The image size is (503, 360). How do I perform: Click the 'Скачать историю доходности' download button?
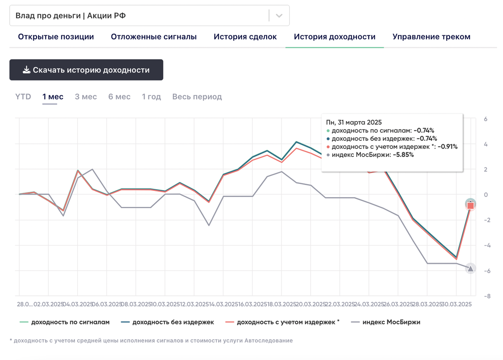(86, 70)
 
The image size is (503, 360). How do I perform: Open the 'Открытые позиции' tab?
(56, 37)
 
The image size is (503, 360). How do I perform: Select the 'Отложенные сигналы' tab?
(153, 37)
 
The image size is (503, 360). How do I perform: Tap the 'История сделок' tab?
(245, 37)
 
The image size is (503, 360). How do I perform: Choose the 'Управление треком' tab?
(431, 37)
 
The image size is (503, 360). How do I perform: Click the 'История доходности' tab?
(334, 37)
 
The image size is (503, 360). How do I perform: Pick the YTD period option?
(23, 97)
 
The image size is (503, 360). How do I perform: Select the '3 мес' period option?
(86, 97)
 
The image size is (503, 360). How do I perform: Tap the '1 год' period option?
(151, 97)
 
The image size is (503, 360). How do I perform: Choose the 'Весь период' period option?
(197, 97)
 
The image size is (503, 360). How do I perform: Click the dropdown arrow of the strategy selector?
(279, 16)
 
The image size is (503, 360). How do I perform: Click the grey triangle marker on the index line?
(471, 269)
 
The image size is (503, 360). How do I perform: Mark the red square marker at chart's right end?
(471, 205)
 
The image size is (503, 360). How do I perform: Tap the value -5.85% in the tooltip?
(403, 155)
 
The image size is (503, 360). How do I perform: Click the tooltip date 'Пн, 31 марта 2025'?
(354, 122)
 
